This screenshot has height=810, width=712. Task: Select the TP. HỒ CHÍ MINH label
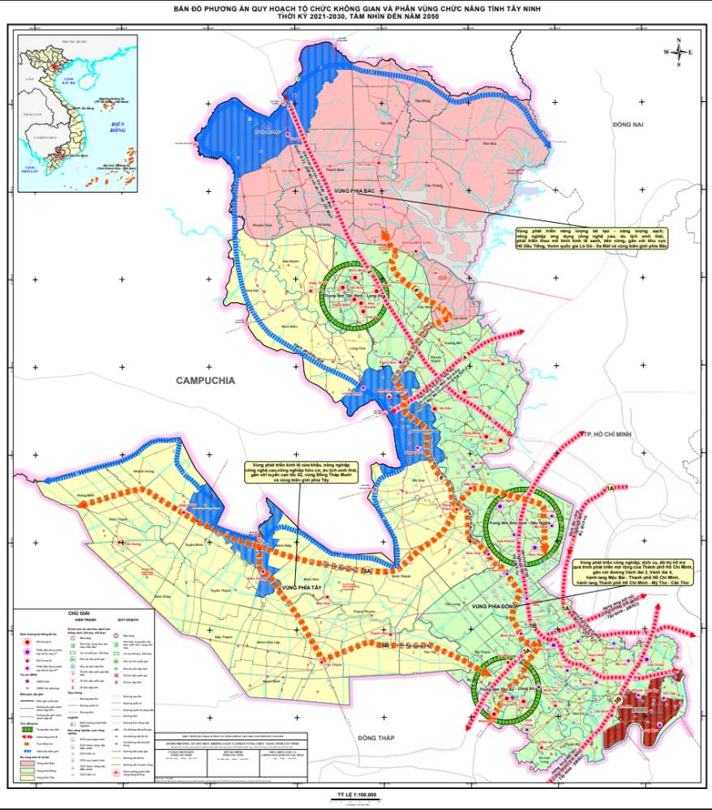click(612, 435)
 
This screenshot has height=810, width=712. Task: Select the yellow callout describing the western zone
click(293, 473)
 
